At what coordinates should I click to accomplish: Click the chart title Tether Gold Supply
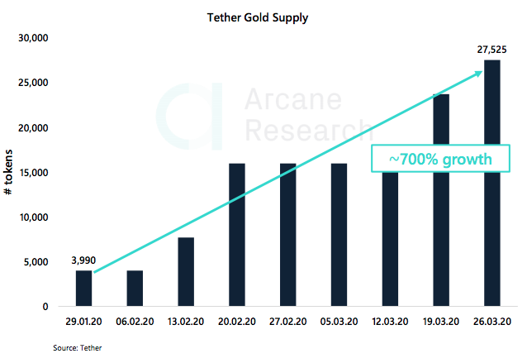263,17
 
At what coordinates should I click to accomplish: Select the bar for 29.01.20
84,289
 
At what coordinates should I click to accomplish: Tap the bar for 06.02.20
135,289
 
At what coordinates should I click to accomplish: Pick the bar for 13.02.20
186,272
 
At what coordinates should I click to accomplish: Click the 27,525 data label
491,49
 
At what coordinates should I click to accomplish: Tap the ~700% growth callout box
435,158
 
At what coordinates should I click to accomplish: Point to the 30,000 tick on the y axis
34,39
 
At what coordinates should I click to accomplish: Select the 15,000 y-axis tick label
34,173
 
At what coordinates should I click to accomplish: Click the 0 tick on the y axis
46,307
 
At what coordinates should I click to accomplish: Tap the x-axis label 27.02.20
287,322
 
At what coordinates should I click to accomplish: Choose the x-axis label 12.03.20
390,322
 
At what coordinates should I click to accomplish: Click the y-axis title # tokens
9,173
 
